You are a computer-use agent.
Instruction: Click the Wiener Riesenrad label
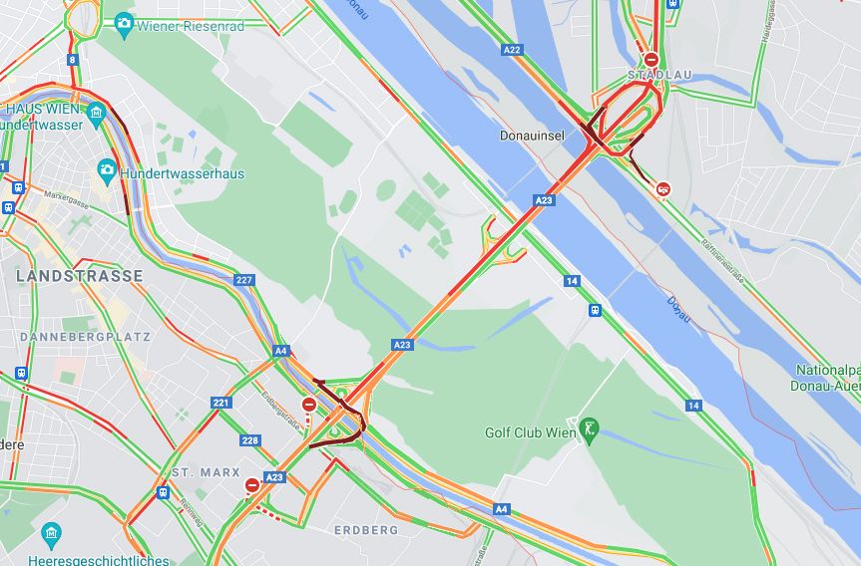(x=191, y=24)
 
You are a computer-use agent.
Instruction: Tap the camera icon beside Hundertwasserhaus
(x=107, y=171)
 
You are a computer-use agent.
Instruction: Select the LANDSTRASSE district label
(x=80, y=275)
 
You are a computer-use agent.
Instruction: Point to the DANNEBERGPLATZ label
(x=85, y=337)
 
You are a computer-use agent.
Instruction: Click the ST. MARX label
(x=206, y=471)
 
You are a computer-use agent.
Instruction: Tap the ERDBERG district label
(x=366, y=530)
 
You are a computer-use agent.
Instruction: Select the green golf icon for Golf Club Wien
(x=590, y=431)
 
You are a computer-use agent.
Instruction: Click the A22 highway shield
(x=513, y=49)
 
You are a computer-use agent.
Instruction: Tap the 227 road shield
(x=244, y=280)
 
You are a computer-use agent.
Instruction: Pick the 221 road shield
(x=221, y=403)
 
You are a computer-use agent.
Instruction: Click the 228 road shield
(x=249, y=439)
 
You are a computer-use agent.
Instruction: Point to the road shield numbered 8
(x=72, y=60)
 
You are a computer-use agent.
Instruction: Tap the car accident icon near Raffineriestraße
(x=662, y=189)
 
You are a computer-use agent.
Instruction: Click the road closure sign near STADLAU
(x=650, y=60)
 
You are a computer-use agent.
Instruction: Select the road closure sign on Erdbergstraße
(x=309, y=406)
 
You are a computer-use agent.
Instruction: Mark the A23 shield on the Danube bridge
(x=544, y=200)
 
